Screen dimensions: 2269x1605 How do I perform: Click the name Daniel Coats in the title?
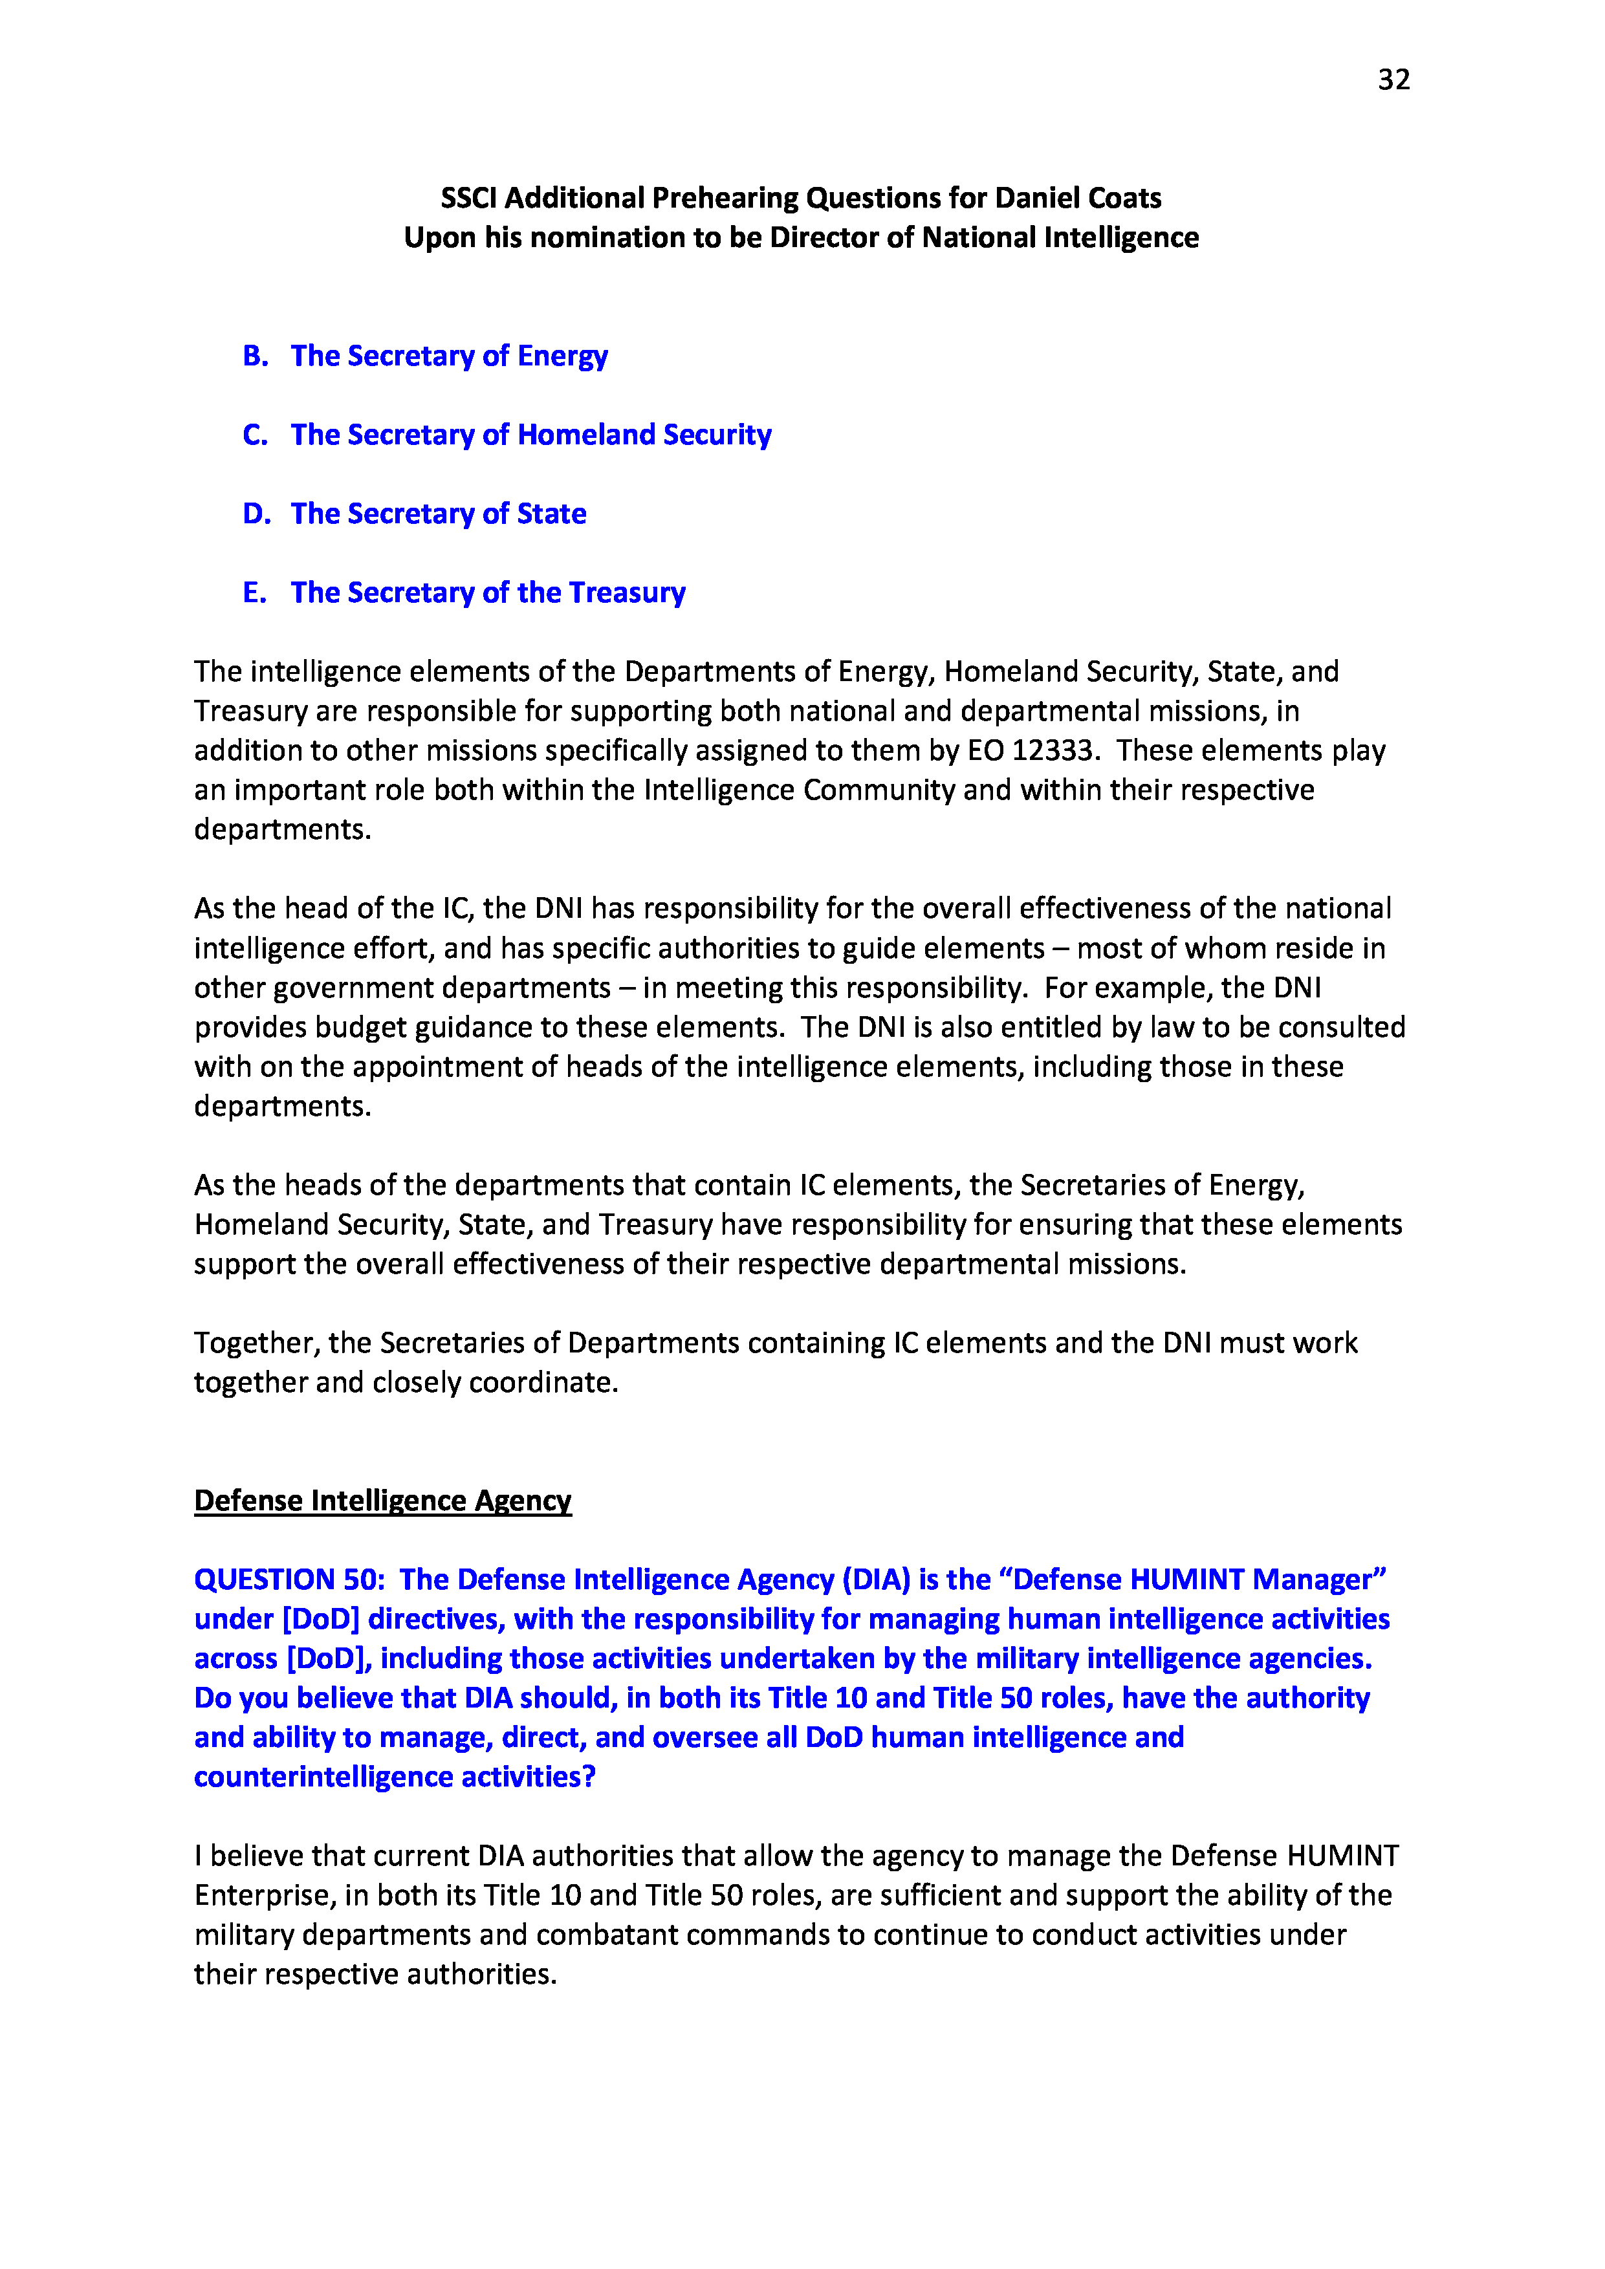tap(1078, 198)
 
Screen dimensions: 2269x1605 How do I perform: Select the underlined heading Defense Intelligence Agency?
tap(382, 1501)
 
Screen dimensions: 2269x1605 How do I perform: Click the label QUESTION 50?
tap(289, 1580)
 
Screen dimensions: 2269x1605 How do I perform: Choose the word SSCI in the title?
tap(468, 198)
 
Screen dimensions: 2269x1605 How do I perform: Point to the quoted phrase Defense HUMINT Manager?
tap(1199, 1580)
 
